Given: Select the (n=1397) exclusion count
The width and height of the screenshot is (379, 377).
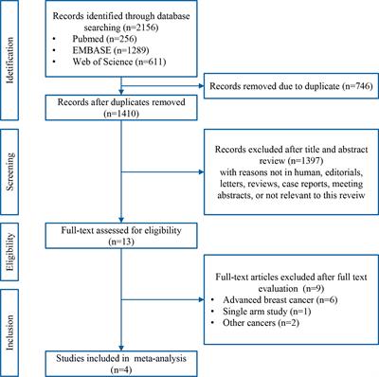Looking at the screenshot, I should click(244, 151).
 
